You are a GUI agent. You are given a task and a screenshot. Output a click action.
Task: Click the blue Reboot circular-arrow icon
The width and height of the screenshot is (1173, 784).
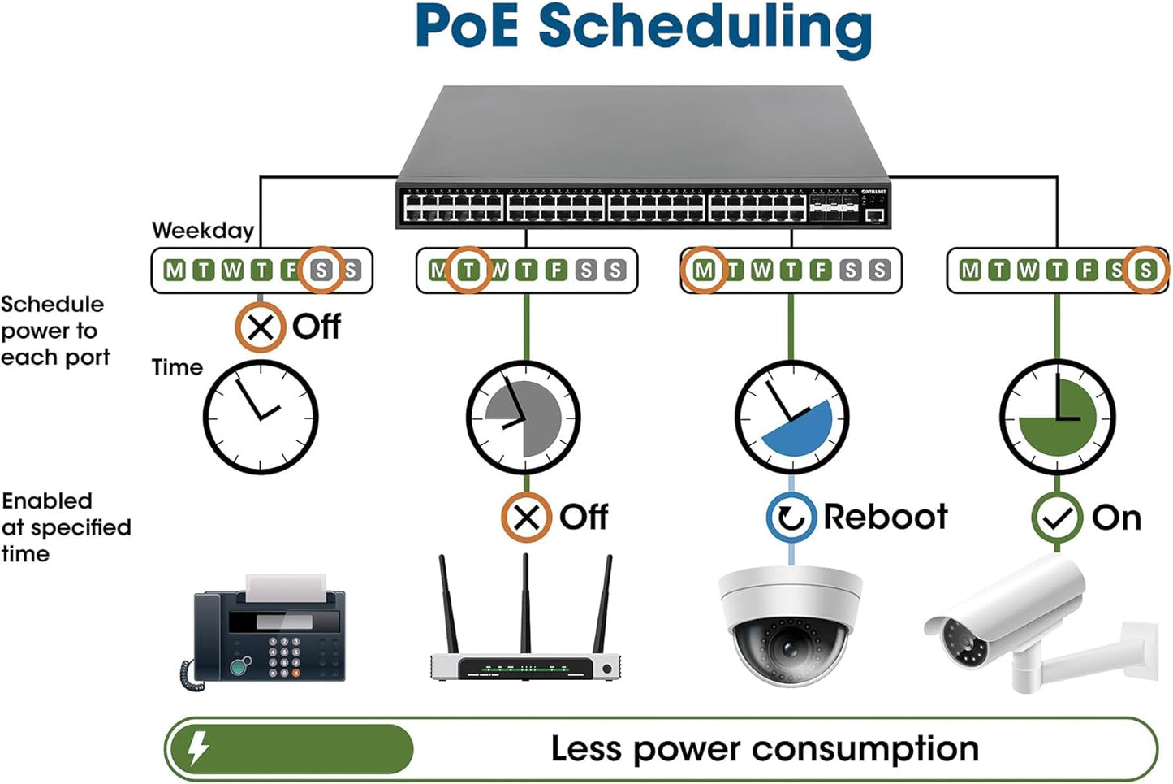pos(791,517)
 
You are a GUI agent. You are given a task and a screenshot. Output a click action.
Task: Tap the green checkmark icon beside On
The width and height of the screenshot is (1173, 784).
pos(1057,518)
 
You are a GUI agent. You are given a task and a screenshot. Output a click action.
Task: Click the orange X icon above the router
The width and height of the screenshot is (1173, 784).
pos(526,517)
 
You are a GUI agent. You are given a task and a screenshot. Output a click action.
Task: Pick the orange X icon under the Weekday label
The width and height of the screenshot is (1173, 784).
pos(260,327)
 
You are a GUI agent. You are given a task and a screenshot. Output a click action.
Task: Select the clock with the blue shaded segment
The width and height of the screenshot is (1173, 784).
pos(791,418)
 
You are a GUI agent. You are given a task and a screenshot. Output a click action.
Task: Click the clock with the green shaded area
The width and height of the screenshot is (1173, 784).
pos(1057,418)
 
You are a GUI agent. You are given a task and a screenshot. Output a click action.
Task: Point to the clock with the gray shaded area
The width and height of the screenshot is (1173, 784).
pos(524,418)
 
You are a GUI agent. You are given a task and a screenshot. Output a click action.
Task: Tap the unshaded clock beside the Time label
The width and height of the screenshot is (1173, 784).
pos(260,418)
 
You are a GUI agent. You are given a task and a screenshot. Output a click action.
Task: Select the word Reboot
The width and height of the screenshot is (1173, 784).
pos(885,517)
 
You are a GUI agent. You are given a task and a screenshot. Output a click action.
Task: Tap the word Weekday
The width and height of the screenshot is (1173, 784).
pos(203,231)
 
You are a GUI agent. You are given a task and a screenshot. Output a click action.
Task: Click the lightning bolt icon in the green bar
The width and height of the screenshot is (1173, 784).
pos(198,748)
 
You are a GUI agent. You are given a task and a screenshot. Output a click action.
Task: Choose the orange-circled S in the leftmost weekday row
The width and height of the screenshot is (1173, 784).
pos(321,270)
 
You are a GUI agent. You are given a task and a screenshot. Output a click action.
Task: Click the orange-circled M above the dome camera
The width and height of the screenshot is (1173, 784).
pos(704,270)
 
